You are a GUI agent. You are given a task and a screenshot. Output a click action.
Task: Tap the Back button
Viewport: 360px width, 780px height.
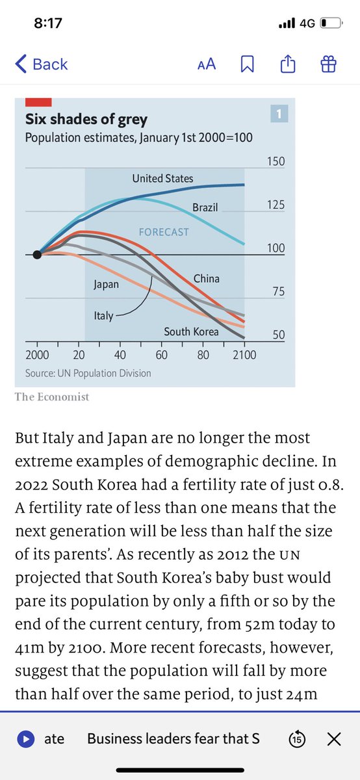point(42,64)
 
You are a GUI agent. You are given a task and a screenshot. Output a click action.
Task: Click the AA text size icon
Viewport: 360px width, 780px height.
point(207,64)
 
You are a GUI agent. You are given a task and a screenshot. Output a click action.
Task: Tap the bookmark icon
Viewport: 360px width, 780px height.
point(247,64)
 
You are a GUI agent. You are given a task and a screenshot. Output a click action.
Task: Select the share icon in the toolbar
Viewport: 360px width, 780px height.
point(288,64)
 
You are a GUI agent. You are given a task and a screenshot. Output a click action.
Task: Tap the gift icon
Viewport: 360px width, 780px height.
point(328,64)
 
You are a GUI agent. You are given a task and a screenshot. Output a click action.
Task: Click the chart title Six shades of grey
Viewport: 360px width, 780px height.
point(86,120)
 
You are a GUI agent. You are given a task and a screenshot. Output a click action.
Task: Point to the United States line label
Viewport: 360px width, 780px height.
point(162,179)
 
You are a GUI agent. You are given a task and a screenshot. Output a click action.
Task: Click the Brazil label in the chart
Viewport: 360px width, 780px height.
point(205,207)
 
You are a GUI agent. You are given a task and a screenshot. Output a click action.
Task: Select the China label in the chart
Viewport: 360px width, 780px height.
point(207,279)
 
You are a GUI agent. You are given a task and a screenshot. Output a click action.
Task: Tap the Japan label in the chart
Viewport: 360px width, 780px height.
point(106,285)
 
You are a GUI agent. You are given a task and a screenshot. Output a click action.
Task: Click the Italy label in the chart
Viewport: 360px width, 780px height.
point(103,316)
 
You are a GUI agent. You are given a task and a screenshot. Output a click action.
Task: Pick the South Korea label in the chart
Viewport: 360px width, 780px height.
point(191,331)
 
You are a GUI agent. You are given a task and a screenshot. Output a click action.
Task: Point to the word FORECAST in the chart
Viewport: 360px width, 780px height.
point(164,232)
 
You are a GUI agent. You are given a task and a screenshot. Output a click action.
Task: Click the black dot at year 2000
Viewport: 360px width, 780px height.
point(37,255)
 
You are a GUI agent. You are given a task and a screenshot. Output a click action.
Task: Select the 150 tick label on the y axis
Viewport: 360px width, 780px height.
point(276,162)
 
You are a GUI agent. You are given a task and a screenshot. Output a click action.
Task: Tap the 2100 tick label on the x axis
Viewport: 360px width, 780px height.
point(244,355)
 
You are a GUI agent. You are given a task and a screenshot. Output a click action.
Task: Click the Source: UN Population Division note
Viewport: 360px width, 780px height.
point(88,373)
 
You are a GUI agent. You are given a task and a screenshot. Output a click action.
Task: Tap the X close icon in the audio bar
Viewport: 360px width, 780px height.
point(334,739)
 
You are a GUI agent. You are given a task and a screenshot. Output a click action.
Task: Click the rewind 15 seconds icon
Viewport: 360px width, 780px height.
point(297,739)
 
